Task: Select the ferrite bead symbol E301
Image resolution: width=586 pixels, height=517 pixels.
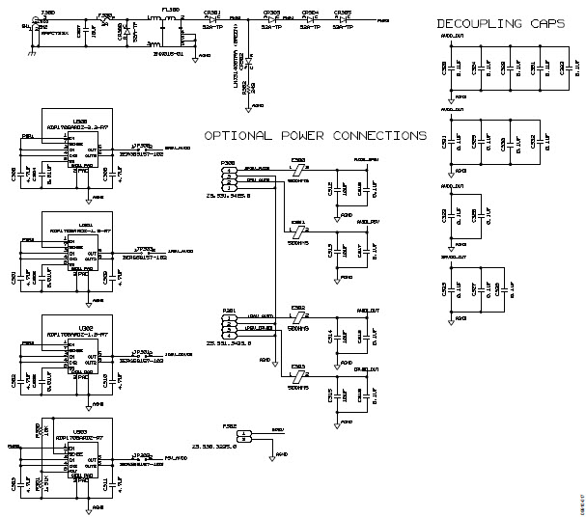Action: [x=297, y=228]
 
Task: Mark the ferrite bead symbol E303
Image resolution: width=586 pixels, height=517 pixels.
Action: [x=297, y=374]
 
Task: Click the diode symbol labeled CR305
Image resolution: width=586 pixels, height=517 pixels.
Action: [x=341, y=19]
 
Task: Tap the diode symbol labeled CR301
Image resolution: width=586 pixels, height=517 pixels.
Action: [x=210, y=19]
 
